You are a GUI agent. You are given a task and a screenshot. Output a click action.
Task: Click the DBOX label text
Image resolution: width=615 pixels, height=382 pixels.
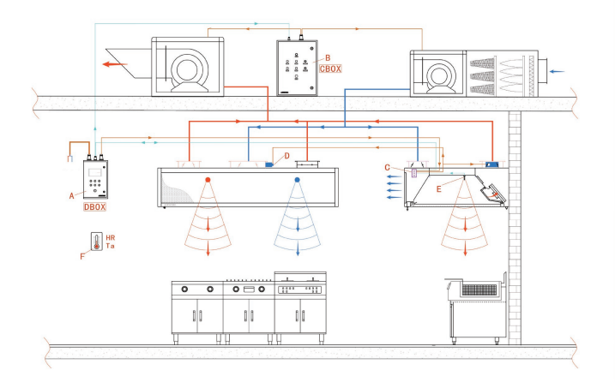pyautogui.click(x=95, y=206)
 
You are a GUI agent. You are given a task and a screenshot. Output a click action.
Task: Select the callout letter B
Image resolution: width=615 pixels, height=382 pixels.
pyautogui.click(x=326, y=57)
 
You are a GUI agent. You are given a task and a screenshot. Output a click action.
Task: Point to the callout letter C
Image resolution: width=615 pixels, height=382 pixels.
pyautogui.click(x=388, y=166)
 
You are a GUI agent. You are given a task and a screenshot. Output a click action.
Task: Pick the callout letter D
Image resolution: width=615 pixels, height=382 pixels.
pyautogui.click(x=287, y=156)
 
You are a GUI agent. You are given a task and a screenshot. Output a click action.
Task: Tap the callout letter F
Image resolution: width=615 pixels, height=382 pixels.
pyautogui.click(x=81, y=254)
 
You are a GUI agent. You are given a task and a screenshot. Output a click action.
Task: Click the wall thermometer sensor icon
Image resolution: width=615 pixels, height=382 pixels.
pyautogui.click(x=94, y=242)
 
